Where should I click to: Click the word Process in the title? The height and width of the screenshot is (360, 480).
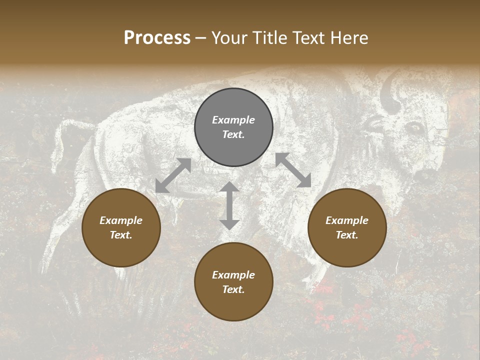157,38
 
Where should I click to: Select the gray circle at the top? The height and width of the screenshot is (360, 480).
233,127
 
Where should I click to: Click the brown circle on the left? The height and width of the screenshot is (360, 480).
121,228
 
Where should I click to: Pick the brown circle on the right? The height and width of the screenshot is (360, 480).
347,228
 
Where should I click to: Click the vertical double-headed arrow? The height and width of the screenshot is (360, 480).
229,205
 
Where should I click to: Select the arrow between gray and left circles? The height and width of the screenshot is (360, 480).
173,175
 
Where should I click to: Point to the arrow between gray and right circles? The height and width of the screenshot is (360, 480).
293,170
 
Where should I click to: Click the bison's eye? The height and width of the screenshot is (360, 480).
415,127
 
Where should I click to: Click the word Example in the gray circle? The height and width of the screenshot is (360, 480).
233,120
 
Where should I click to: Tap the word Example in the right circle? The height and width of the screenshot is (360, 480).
347,220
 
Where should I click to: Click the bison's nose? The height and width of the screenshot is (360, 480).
425,175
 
